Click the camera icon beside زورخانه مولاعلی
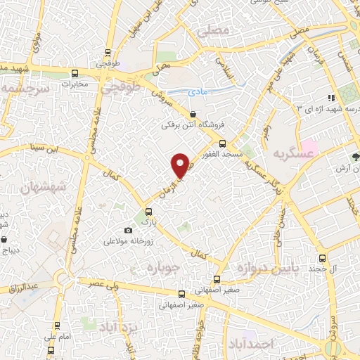pos(128,230)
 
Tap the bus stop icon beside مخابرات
pos(75,74)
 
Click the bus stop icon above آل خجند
pos(322,259)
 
